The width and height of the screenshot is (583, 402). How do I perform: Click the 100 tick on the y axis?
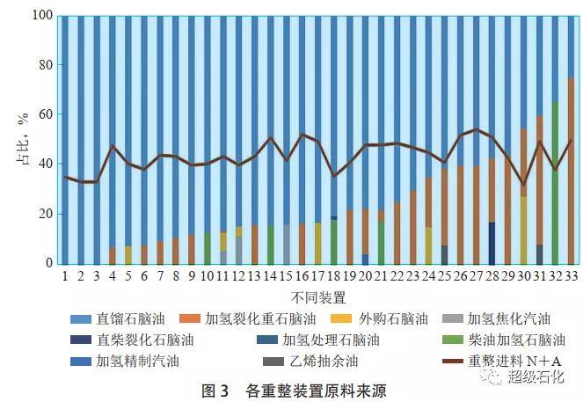(x=43, y=16)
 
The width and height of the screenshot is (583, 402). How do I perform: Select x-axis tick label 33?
(x=571, y=276)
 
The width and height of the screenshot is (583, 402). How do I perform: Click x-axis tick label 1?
(x=64, y=276)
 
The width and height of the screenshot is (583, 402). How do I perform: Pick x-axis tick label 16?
(x=302, y=276)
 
